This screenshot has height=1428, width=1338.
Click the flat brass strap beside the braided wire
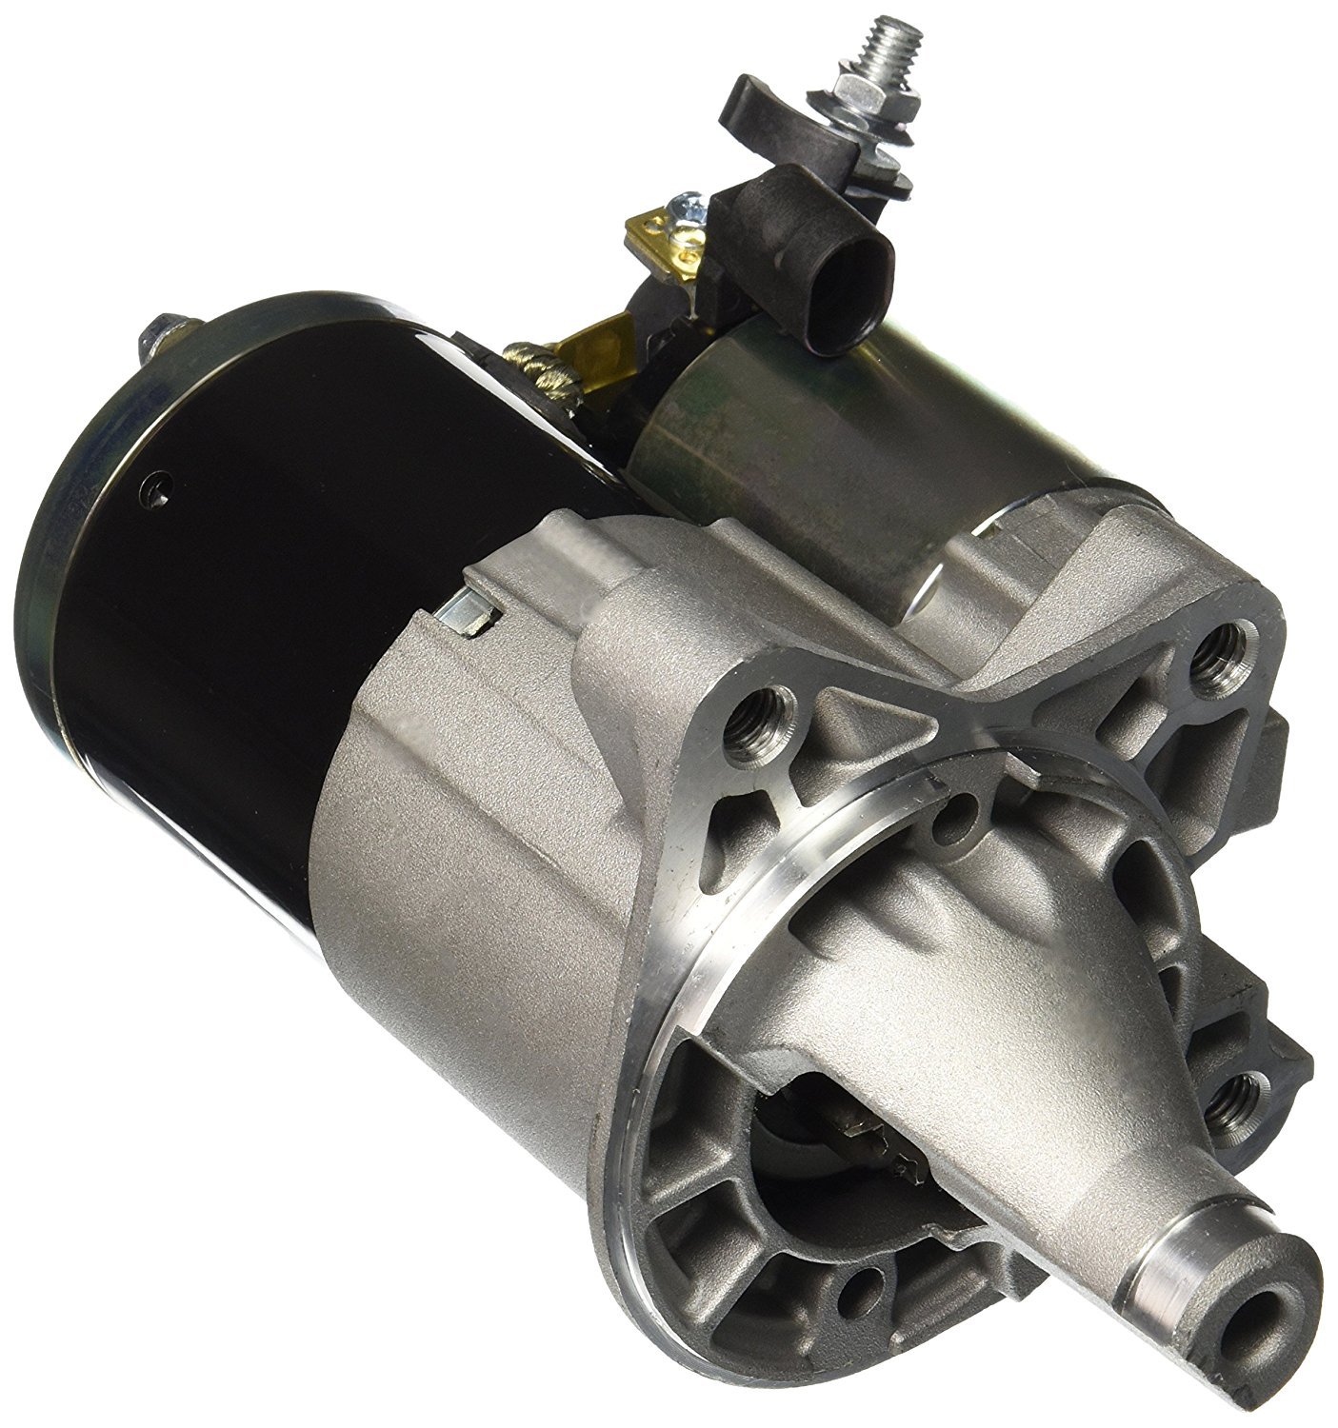click(595, 343)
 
